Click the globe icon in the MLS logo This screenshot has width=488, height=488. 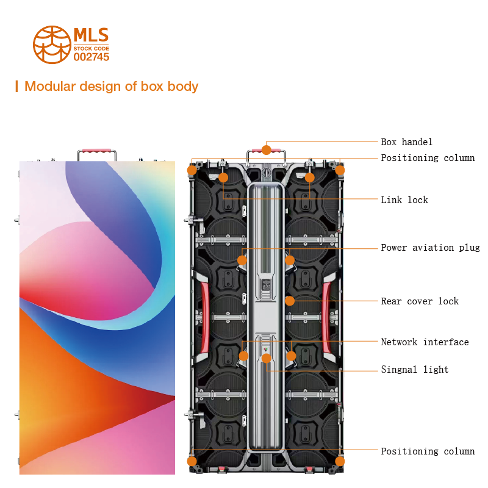tap(52, 45)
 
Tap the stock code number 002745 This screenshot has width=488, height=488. tap(91, 57)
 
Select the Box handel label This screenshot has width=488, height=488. tap(407, 142)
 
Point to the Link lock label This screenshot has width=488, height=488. tap(404, 200)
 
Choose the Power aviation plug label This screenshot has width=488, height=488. tap(430, 248)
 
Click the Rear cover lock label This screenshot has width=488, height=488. tap(420, 301)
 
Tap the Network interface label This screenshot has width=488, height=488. tap(425, 342)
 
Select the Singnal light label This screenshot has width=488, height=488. tap(415, 370)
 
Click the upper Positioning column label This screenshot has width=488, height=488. tap(428, 158)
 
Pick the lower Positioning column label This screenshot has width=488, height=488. tap(428, 451)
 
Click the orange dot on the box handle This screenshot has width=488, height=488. tap(267, 149)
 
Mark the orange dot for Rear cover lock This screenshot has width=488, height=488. tap(290, 301)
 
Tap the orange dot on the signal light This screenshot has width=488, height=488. tap(267, 358)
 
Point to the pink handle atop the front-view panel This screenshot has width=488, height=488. tap(96, 149)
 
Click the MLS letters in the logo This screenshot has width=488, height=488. tap(91, 34)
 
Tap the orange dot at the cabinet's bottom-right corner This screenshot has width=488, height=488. tap(340, 461)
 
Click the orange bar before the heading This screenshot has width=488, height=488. tap(16, 86)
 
